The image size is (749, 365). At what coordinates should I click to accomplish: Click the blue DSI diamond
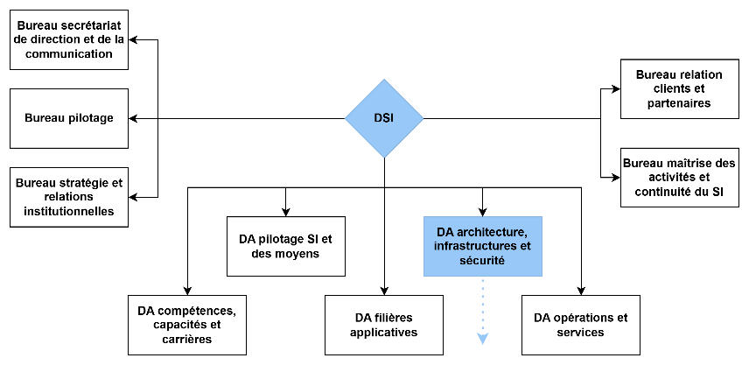pos(384,118)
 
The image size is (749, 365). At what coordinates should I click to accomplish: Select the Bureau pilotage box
pos(68,118)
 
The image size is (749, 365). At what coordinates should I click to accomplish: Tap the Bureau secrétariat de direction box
pos(68,40)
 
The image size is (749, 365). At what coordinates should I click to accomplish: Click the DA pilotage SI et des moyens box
pos(285,246)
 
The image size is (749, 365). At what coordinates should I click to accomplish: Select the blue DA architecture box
pos(482,246)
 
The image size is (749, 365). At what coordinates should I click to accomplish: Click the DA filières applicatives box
pos(384,325)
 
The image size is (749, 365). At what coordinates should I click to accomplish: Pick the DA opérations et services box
pos(580,325)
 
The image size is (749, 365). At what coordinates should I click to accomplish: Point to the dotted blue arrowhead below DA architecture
pos(482,339)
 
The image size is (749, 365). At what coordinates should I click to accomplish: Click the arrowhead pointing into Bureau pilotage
pos(134,118)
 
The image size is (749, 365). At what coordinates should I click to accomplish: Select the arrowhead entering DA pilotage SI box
pos(285,212)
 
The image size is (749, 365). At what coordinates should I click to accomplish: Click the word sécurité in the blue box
pos(482,260)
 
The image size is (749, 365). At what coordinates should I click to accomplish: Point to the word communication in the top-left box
pos(68,53)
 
